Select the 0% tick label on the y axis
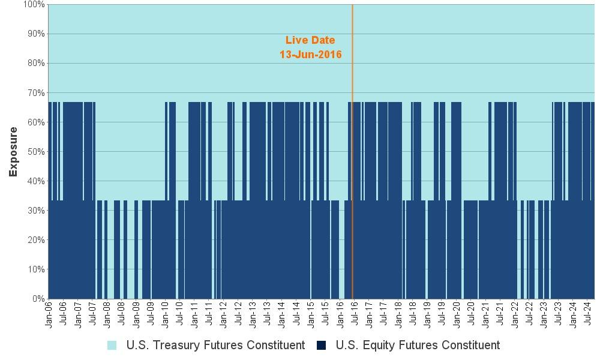38,299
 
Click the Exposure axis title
13,152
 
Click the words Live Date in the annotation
310,40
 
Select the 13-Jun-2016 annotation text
310,55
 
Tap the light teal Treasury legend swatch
112,345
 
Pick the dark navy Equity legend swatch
322,345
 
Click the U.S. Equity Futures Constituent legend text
418,345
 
